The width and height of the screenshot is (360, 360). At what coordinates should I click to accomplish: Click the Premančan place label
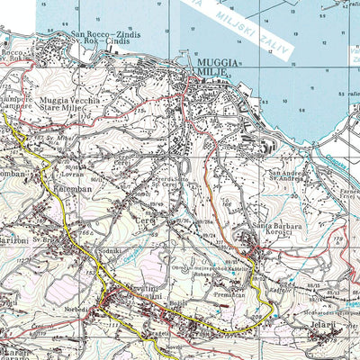[x=231, y=294]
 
